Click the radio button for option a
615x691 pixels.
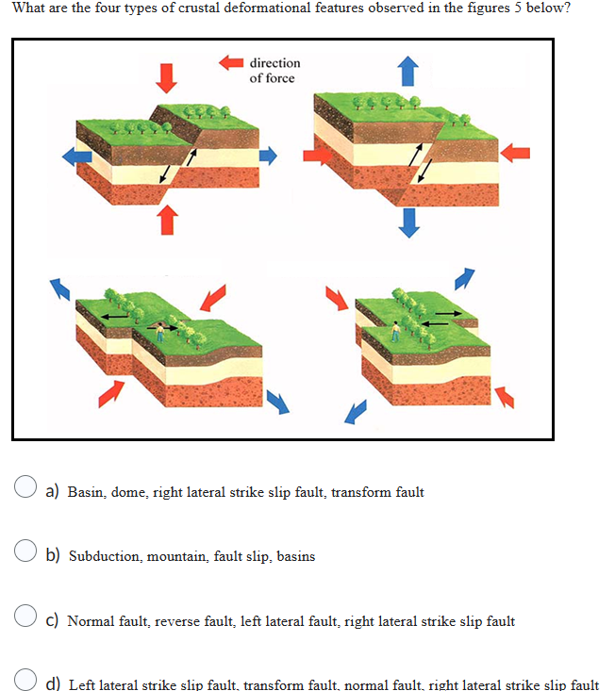[x=25, y=490]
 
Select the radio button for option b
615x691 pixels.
[x=25, y=554]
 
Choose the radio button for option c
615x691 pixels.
[x=25, y=619]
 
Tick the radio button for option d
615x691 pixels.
[x=25, y=682]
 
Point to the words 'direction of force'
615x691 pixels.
[x=274, y=70]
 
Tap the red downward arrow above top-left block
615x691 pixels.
[x=166, y=76]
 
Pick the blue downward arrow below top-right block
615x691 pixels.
[x=408, y=222]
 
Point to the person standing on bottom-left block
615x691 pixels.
[x=161, y=330]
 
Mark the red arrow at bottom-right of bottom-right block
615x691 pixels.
[x=506, y=396]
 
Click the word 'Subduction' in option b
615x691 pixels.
[x=104, y=556]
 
